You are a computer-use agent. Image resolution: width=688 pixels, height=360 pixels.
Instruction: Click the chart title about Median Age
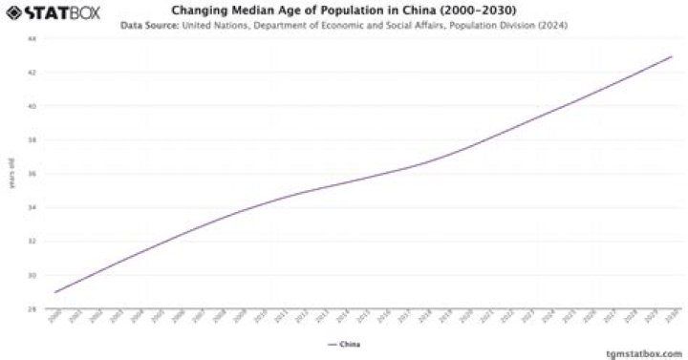(344, 11)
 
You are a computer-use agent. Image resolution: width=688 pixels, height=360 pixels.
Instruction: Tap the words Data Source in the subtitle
(150, 26)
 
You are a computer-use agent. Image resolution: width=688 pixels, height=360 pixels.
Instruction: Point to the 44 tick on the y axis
(32, 39)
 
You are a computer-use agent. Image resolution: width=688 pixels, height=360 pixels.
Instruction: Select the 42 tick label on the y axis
(32, 73)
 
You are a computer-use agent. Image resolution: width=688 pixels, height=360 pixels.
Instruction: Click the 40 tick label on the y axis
(32, 106)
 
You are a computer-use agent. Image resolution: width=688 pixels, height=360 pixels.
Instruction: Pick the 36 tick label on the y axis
(32, 174)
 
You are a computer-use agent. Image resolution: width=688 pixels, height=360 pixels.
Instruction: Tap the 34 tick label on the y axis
(32, 207)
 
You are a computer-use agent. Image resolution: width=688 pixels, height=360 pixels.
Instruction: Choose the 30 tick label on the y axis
(32, 275)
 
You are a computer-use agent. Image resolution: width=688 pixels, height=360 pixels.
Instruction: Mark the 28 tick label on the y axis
(32, 308)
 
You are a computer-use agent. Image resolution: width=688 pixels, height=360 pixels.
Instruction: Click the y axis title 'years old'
(11, 174)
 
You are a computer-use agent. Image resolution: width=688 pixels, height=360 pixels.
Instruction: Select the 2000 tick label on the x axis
(54, 318)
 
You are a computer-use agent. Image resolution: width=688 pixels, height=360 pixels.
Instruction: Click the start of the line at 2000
(56, 291)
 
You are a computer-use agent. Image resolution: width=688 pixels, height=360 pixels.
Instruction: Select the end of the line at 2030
(672, 56)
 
